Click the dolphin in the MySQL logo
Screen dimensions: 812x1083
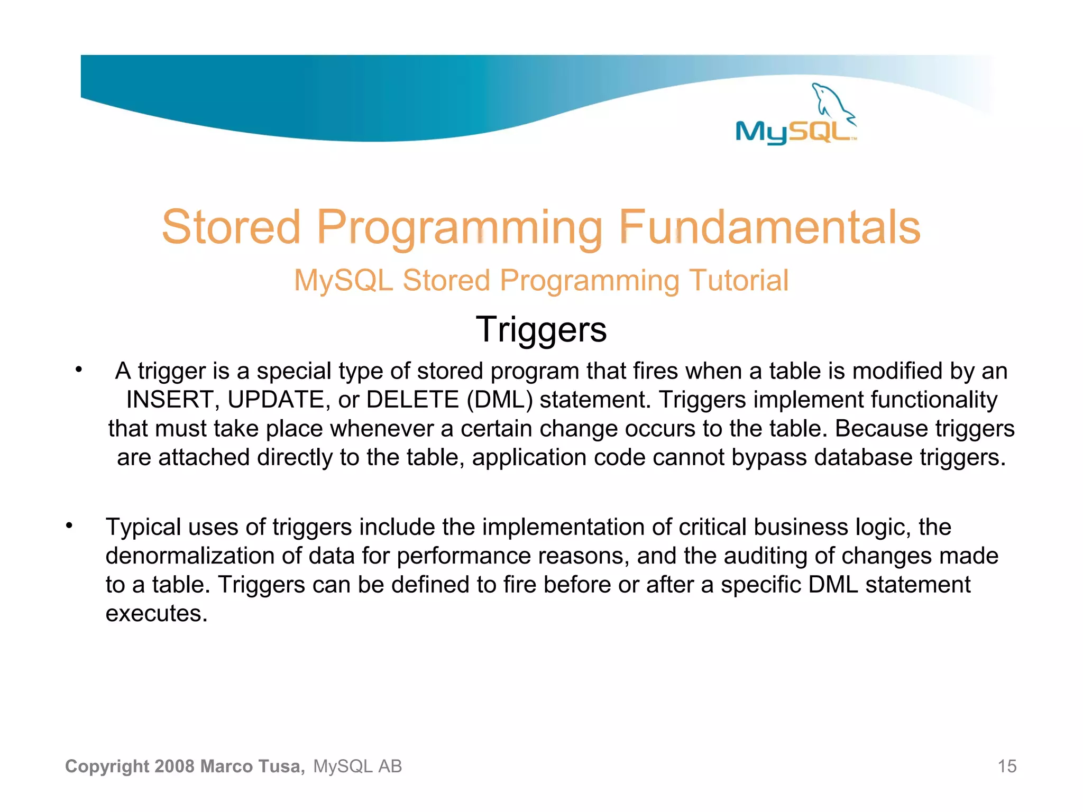coord(831,102)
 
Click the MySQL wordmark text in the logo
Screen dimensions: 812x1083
coord(793,132)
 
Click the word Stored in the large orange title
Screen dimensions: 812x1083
coord(231,227)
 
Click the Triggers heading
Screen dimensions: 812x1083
coord(541,329)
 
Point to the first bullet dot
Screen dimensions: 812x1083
coord(78,370)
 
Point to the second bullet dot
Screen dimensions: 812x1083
coord(69,526)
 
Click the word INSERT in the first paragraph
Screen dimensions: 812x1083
coord(170,400)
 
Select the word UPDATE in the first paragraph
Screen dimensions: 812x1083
coord(276,400)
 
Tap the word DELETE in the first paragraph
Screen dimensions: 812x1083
coord(412,400)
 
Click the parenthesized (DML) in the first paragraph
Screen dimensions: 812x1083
coord(499,400)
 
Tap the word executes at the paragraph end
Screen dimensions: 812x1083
coord(157,614)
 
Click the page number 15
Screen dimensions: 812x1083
coord(1007,766)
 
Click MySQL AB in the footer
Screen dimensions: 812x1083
coord(357,766)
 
